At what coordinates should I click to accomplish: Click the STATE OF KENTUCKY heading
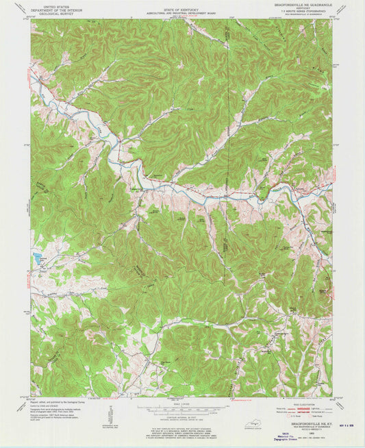click(182, 5)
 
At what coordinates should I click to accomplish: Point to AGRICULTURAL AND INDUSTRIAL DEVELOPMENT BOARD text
click(182, 9)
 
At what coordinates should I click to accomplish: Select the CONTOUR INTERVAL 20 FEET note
click(182, 419)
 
